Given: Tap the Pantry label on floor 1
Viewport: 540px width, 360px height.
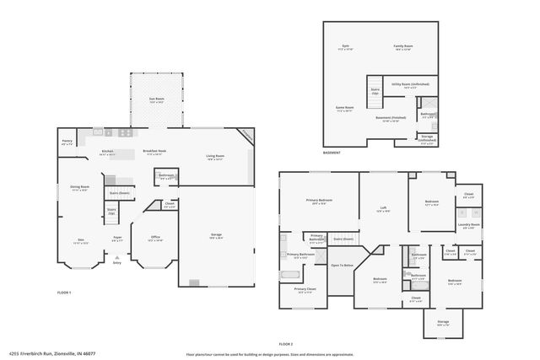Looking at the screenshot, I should click(67, 142).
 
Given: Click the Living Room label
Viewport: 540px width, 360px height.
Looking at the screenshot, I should click(215, 156).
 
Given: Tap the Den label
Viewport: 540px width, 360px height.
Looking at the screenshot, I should click(81, 239).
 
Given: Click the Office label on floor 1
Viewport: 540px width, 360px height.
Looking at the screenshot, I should click(154, 238).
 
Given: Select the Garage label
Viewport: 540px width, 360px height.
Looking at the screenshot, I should click(216, 234).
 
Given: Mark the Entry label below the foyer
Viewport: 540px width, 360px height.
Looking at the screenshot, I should click(117, 263).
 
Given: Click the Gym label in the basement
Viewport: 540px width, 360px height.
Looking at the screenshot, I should click(345, 46).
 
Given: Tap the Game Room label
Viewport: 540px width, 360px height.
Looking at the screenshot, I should click(345, 108).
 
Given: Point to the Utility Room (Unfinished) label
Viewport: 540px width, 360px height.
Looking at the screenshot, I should click(410, 84).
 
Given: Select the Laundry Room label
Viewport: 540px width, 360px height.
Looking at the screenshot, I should click(469, 225).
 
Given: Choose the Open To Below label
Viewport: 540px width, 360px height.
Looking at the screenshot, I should click(341, 265).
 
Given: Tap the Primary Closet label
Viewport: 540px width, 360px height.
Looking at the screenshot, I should click(305, 289).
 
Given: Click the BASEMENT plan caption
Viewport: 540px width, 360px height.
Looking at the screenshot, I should click(332, 153).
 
